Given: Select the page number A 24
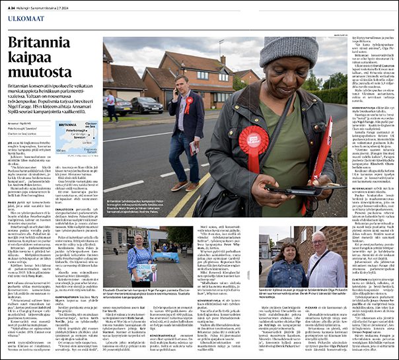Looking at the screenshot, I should (12, 5).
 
